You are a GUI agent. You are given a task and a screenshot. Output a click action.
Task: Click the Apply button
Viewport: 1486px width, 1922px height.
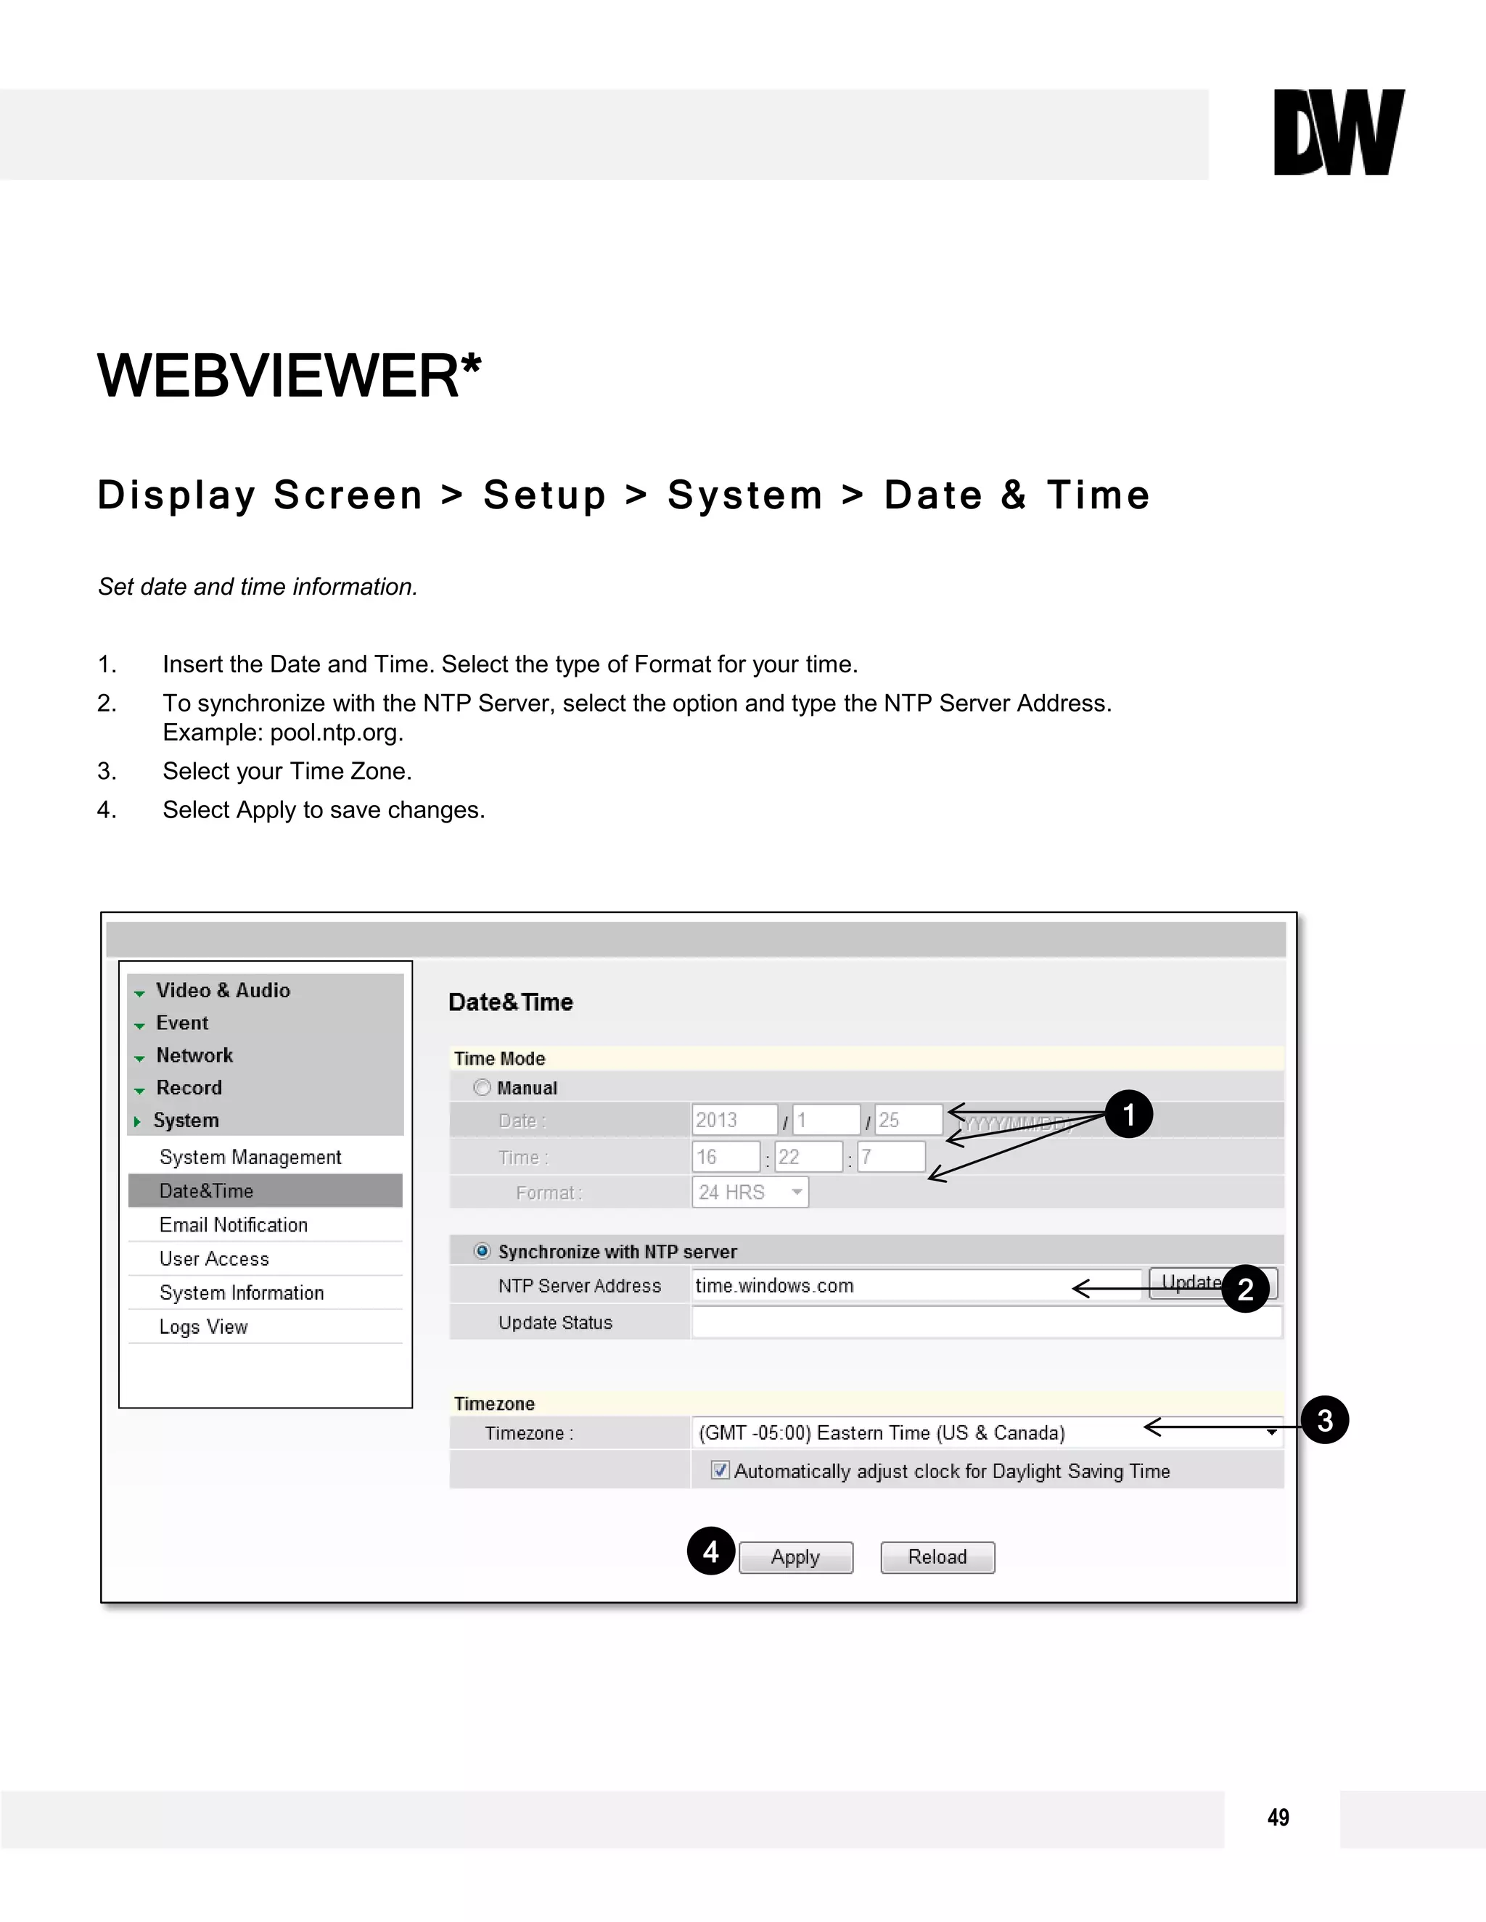point(796,1558)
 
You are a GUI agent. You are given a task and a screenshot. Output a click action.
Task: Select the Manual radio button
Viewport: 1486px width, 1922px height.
point(483,1088)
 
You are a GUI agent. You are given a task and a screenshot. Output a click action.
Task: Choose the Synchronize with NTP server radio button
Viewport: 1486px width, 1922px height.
point(483,1251)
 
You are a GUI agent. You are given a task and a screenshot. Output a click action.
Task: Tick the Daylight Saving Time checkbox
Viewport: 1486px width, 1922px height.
point(720,1471)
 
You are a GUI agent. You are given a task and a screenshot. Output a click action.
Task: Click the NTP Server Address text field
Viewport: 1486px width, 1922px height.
point(916,1286)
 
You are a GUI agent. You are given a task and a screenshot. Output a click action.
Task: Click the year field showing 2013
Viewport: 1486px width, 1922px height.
point(734,1121)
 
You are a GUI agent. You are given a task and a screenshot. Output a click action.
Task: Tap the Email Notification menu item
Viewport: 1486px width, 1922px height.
point(234,1225)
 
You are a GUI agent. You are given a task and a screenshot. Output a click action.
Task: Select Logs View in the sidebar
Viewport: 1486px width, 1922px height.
point(203,1327)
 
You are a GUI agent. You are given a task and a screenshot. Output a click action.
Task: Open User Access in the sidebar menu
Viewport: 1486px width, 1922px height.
point(214,1259)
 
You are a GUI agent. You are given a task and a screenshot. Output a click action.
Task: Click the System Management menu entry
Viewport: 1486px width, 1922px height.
point(250,1158)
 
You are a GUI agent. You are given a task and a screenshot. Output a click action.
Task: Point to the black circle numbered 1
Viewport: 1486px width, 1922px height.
point(1128,1115)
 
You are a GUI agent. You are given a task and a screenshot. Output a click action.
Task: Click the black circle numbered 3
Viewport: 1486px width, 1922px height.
point(1325,1420)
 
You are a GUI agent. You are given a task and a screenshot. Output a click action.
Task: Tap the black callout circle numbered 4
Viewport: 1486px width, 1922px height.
point(711,1551)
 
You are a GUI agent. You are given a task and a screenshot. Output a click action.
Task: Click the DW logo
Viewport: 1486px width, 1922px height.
point(1338,132)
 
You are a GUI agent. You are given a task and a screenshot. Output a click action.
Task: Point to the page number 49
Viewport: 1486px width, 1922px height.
point(1278,1818)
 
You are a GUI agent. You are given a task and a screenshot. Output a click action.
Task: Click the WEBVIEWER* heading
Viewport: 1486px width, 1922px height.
point(289,376)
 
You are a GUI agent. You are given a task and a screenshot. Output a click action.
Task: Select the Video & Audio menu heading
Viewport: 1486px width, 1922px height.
point(223,991)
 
